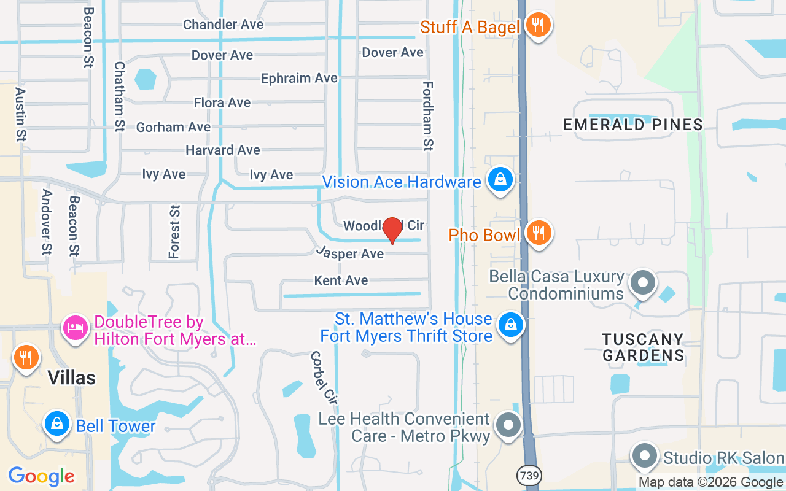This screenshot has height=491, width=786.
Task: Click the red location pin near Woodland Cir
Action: (392, 230)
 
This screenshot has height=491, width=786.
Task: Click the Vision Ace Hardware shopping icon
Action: (500, 180)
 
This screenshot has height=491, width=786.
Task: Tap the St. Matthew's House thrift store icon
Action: (510, 325)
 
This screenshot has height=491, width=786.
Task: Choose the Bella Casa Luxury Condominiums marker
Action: (643, 283)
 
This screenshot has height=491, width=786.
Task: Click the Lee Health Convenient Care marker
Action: (508, 424)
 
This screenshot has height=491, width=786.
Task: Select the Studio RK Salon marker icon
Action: (644, 456)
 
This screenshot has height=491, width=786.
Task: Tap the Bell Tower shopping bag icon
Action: (57, 424)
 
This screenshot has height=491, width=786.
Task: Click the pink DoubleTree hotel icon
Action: (76, 327)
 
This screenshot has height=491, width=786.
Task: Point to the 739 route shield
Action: (528, 474)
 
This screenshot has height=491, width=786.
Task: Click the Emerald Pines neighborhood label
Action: (633, 125)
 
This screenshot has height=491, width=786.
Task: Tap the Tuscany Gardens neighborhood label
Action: (643, 347)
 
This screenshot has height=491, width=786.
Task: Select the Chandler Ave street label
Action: (223, 25)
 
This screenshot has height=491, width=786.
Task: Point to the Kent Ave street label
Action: (341, 280)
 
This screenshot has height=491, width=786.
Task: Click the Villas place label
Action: (72, 377)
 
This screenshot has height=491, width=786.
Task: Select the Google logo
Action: (41, 476)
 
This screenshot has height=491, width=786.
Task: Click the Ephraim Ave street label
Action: (299, 79)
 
